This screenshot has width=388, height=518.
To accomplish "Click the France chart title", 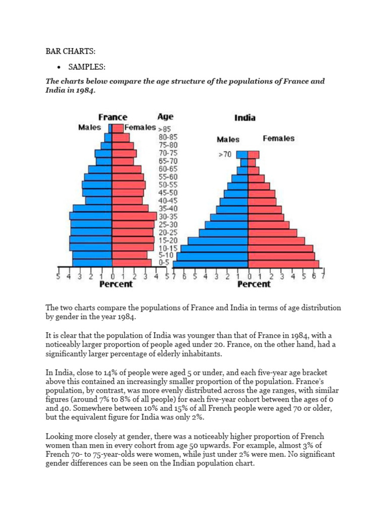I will point(113,117).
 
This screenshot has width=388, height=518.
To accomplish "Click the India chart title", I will point(245,118).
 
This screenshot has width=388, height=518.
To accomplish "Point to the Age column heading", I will point(165,117).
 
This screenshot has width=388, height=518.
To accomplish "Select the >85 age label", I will point(166,128).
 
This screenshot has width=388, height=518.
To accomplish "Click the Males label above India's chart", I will point(228,139).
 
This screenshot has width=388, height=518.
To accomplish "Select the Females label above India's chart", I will point(278,139).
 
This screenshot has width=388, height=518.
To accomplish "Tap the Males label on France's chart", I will point(89,127).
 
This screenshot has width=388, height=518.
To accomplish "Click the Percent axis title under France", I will point(116,284).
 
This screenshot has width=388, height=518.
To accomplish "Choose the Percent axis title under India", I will point(254,284).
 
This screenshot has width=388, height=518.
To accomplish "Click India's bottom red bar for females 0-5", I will point(283,264).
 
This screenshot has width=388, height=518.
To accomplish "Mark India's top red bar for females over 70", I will point(254,155).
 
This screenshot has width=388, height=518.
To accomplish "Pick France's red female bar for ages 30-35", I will point(134,216).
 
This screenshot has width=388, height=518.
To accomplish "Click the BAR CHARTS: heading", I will point(67,52).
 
